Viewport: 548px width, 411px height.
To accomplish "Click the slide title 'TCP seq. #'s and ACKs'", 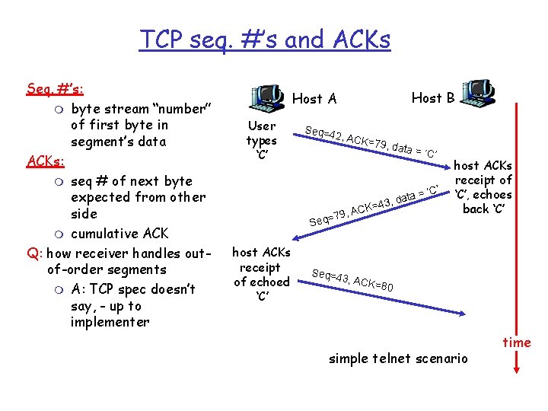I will point(264,39).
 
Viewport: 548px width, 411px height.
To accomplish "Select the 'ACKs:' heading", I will point(46,161).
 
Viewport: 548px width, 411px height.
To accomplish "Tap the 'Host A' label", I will point(314,98).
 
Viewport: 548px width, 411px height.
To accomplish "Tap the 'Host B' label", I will point(433,97).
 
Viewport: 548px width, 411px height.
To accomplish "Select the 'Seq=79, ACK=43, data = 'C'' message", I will point(373,202).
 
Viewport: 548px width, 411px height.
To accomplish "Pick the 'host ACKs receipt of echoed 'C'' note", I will point(261,274).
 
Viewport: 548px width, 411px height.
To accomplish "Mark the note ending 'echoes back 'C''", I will point(483,187).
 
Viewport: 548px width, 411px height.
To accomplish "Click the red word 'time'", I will point(517,342).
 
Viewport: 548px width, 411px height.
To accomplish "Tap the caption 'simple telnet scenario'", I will point(398,358).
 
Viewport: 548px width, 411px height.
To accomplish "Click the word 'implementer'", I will point(110,322).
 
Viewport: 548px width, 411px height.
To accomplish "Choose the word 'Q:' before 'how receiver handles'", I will point(33,253).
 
